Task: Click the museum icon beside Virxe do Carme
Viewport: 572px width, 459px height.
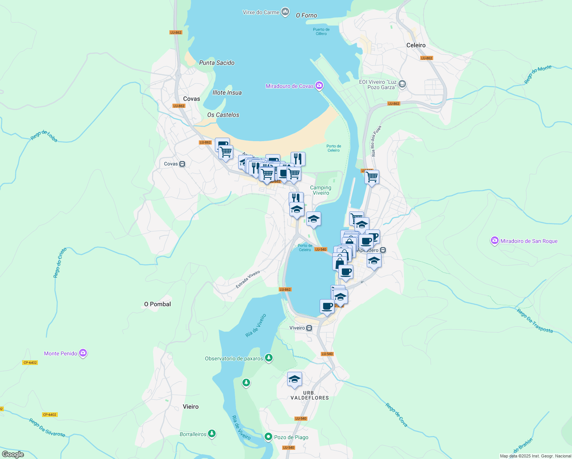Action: pyautogui.click(x=285, y=12)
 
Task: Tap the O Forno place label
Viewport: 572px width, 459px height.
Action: pyautogui.click(x=306, y=15)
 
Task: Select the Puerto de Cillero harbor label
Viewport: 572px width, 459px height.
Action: pyautogui.click(x=321, y=31)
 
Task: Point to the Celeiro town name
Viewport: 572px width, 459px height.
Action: pyautogui.click(x=416, y=45)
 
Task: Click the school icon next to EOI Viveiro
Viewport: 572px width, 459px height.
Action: pyautogui.click(x=402, y=84)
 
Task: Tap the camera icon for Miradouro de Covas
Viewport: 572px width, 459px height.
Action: pyautogui.click(x=319, y=86)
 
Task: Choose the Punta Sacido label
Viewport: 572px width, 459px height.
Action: pyautogui.click(x=216, y=63)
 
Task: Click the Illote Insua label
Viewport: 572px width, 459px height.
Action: pyautogui.click(x=227, y=93)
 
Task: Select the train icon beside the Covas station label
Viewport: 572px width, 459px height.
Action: pyautogui.click(x=182, y=164)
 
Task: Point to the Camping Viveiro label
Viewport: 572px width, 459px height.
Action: pyautogui.click(x=321, y=190)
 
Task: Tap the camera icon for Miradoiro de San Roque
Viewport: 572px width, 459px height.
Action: pyautogui.click(x=495, y=241)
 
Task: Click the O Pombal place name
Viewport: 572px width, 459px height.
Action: pyautogui.click(x=157, y=304)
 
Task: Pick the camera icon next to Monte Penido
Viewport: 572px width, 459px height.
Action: pyautogui.click(x=83, y=353)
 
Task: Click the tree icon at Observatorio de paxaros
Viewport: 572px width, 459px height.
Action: pyautogui.click(x=269, y=358)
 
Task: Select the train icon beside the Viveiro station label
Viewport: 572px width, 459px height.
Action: pyautogui.click(x=309, y=328)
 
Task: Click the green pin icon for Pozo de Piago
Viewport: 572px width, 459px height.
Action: pyautogui.click(x=268, y=437)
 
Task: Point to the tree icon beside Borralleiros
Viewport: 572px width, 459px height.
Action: pyautogui.click(x=212, y=434)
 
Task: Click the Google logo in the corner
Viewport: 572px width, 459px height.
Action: pyautogui.click(x=13, y=454)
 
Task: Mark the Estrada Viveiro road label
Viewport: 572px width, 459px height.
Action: pyautogui.click(x=248, y=280)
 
